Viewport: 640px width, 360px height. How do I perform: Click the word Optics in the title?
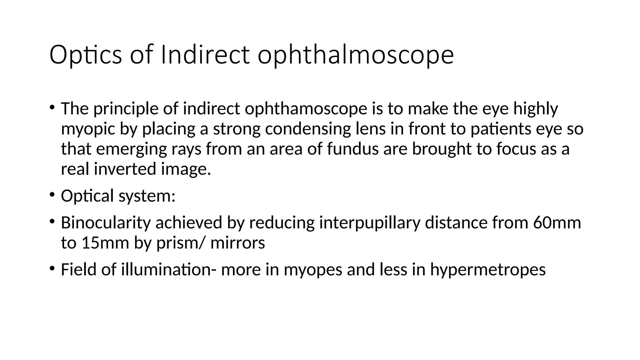[x=85, y=55]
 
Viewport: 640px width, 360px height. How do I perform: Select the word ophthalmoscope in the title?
[x=355, y=55]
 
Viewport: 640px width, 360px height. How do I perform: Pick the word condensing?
[x=308, y=129]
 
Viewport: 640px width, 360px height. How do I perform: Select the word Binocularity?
[x=106, y=223]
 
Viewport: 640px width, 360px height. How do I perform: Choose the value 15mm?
[x=105, y=243]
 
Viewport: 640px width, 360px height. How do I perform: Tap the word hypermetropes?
[x=487, y=270]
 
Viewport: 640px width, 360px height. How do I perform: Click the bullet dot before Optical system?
[x=52, y=195]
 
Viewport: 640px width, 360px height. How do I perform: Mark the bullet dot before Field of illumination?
[x=52, y=268]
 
